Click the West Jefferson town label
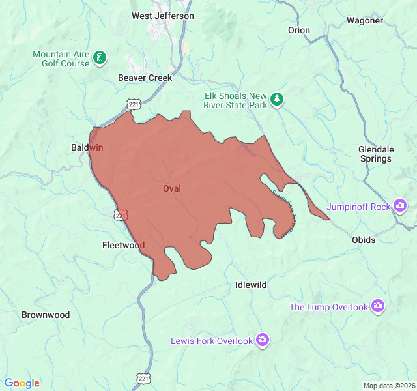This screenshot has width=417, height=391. (x=163, y=16)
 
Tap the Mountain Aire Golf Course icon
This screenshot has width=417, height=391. (x=100, y=58)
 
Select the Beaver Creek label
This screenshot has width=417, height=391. (x=145, y=78)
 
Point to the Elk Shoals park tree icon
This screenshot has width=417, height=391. (x=278, y=99)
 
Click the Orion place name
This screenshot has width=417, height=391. (x=299, y=30)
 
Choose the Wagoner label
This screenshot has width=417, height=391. (x=364, y=20)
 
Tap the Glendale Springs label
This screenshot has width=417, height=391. (x=375, y=154)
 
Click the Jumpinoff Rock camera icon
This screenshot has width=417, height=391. (x=400, y=207)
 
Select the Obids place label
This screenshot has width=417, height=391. (x=364, y=240)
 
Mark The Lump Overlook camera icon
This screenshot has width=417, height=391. (x=378, y=306)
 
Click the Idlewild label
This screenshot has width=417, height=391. (x=251, y=285)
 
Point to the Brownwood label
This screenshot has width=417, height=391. (x=46, y=315)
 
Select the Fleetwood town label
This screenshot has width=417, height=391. (x=123, y=245)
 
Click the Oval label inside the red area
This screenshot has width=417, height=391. (x=171, y=188)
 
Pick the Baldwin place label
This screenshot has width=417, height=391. (x=87, y=148)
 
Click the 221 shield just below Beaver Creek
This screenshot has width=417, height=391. (x=134, y=104)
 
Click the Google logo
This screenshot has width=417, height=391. (x=22, y=383)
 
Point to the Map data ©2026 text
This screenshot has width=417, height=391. (x=388, y=386)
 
